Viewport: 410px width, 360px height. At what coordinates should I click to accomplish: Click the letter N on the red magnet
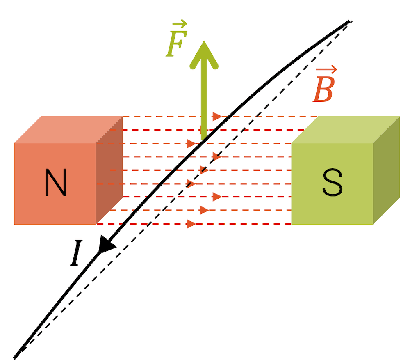coord(55,183)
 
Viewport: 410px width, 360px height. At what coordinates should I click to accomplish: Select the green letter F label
coord(174,46)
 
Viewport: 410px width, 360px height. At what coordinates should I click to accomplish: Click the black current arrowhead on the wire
coord(107,245)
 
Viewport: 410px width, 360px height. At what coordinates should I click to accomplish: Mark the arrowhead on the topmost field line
coord(216,117)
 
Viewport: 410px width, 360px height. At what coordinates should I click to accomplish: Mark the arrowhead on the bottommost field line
coord(191,224)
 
